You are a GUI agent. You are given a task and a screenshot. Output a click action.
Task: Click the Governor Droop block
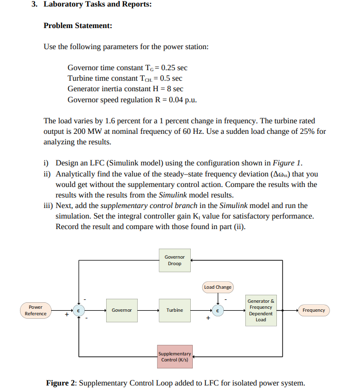coord(175,260)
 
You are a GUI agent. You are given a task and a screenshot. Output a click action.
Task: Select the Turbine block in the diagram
coord(175,310)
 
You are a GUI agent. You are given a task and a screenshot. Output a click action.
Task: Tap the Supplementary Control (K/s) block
coord(174,356)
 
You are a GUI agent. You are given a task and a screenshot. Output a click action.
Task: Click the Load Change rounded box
coord(217,287)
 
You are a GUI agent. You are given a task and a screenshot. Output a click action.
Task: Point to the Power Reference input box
coord(36,310)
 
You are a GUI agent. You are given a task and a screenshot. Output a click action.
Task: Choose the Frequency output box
coord(314,310)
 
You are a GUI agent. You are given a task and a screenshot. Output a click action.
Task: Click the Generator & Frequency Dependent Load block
coord(261,310)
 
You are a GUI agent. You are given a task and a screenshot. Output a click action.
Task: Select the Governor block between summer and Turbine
coord(122,310)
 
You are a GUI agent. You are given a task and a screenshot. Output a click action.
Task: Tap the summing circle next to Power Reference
coord(78,310)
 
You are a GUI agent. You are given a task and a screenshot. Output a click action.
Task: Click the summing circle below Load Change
coord(218,310)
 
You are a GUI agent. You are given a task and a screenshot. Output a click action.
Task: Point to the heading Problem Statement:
coord(78,26)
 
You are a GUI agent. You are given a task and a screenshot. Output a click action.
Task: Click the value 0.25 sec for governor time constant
coord(174,68)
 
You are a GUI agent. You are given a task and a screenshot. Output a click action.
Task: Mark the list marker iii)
coord(48,206)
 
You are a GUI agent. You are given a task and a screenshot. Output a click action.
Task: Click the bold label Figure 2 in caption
coord(60,383)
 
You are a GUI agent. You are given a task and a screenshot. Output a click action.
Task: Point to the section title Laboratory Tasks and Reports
coord(98,5)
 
